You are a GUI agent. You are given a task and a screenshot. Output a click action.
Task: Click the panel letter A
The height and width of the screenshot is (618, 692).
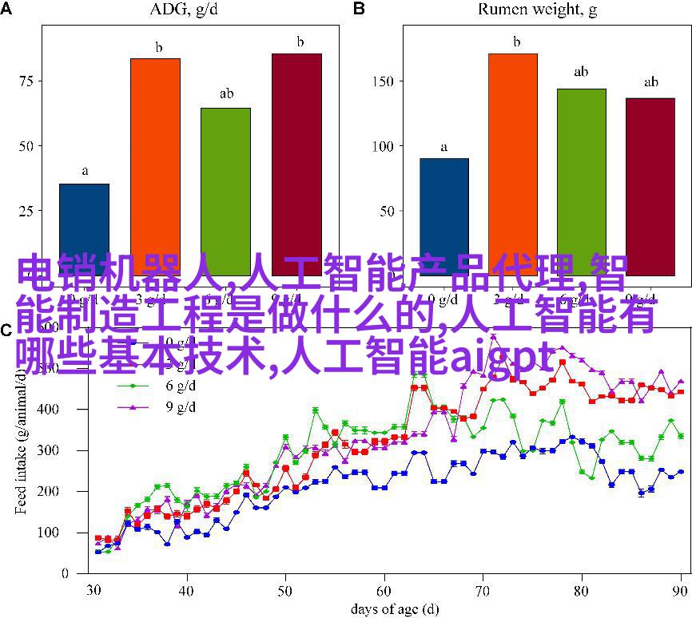[x=6, y=8]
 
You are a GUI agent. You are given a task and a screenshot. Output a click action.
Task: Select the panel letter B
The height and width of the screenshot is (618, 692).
[x=359, y=8]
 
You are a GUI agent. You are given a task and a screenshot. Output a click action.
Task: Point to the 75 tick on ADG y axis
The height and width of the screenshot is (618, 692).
[x=26, y=81]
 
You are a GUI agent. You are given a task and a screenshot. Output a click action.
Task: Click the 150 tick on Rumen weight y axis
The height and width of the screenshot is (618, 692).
[x=383, y=81]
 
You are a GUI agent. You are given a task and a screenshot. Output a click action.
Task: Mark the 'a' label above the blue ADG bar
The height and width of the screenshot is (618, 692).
[x=84, y=171]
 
